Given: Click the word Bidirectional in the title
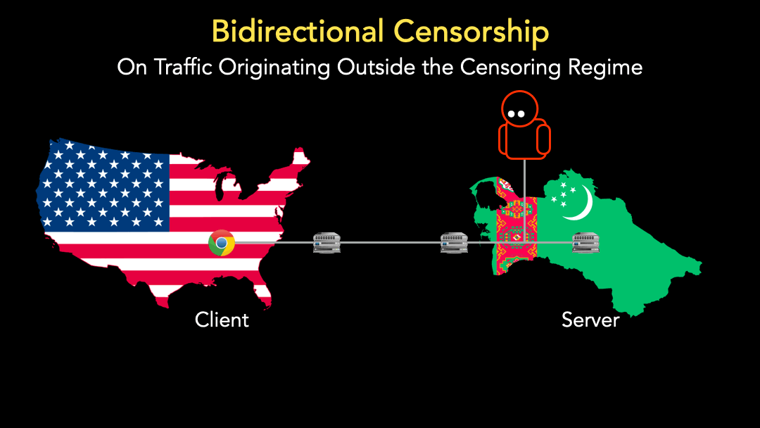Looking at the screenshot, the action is pyautogui.click(x=298, y=32).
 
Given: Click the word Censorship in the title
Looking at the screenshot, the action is pyautogui.click(x=471, y=32).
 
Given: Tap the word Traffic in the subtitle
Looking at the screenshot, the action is pyautogui.click(x=184, y=67).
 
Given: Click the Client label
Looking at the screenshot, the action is pyautogui.click(x=222, y=320).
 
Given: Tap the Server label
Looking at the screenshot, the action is pyautogui.click(x=590, y=320).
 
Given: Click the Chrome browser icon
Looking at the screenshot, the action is pyautogui.click(x=222, y=243).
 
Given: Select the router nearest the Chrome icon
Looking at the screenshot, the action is pyautogui.click(x=327, y=243).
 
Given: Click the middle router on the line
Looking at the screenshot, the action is pyautogui.click(x=454, y=243).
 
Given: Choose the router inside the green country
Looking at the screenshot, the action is pyautogui.click(x=585, y=243).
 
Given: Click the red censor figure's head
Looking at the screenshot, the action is pyautogui.click(x=519, y=109).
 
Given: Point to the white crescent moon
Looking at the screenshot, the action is pyautogui.click(x=582, y=203).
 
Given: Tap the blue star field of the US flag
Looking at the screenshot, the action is pyautogui.click(x=103, y=187).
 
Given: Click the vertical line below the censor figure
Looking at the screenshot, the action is pyautogui.click(x=524, y=201).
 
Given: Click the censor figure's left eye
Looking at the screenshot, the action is pyautogui.click(x=512, y=115).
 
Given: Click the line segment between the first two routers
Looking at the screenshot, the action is pyautogui.click(x=391, y=242).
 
